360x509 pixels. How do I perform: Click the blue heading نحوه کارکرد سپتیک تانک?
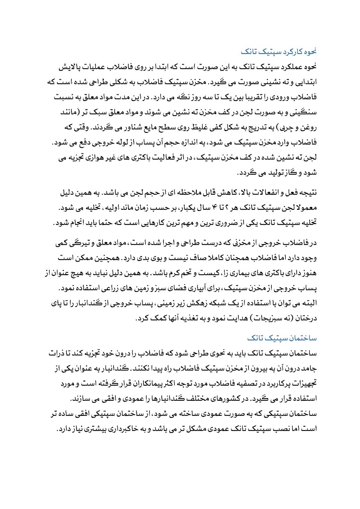tap(278, 52)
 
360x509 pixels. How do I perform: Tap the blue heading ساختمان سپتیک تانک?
tap(282, 338)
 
